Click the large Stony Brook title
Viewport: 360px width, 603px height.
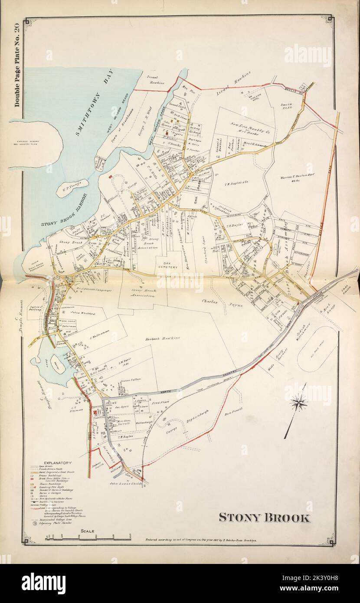pyautogui.click(x=264, y=518)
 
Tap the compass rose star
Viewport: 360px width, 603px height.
pyautogui.click(x=299, y=403)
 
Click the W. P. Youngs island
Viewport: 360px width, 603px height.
pyautogui.click(x=72, y=187)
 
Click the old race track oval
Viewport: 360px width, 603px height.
pyautogui.click(x=317, y=349)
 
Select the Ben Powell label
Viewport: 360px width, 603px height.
pyautogui.click(x=233, y=413)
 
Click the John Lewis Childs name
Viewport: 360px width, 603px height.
pyautogui.click(x=126, y=482)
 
